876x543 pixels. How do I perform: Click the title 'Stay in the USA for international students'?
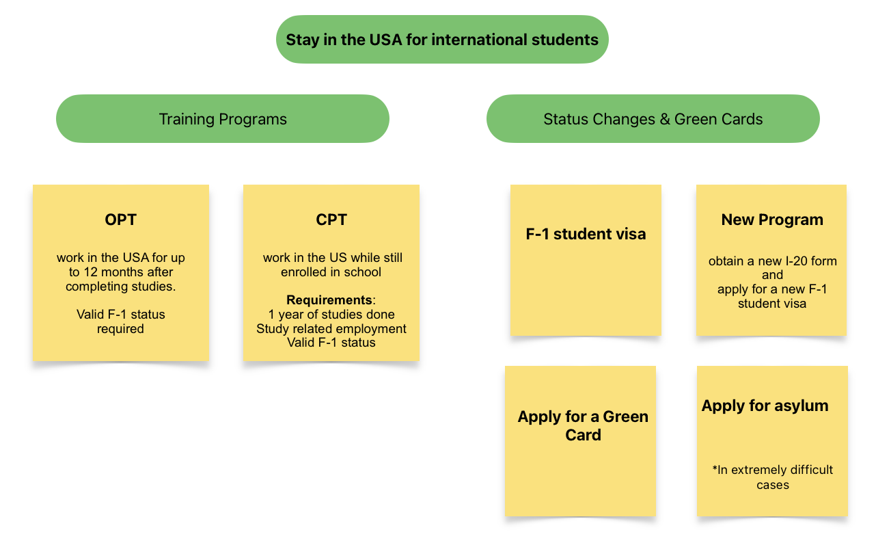click(x=442, y=40)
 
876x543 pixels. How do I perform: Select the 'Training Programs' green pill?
click(x=223, y=118)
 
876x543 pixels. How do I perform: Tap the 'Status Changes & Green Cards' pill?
click(x=653, y=118)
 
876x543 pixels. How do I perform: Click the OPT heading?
click(x=120, y=220)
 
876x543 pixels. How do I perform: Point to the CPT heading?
click(x=331, y=220)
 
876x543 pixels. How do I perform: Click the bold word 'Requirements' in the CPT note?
click(x=329, y=300)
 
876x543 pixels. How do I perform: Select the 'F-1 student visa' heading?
click(x=586, y=234)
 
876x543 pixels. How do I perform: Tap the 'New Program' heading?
click(x=772, y=220)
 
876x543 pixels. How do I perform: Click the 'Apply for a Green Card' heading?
click(x=583, y=425)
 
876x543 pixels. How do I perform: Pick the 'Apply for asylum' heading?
click(x=765, y=406)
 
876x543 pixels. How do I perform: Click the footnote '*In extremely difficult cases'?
click(x=772, y=477)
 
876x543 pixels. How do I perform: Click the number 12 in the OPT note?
click(x=91, y=272)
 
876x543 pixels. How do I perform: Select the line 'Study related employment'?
click(x=331, y=328)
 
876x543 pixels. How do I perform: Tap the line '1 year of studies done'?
click(x=331, y=315)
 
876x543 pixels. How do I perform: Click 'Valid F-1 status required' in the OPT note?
click(x=120, y=321)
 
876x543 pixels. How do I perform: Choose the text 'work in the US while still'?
click(x=332, y=258)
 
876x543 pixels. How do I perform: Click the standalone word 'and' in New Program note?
click(x=772, y=275)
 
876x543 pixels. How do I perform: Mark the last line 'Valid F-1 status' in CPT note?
click(x=331, y=343)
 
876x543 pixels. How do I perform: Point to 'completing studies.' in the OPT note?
click(x=120, y=287)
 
